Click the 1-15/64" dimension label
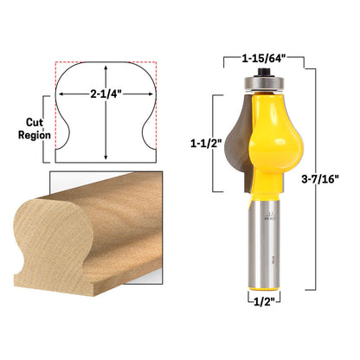point(263,59)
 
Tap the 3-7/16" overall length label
point(320,179)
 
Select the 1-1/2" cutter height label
point(206,143)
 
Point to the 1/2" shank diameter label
point(264,302)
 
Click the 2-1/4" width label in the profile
point(106,93)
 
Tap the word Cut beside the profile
point(35,122)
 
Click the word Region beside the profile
point(35,135)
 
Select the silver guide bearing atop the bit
point(262,83)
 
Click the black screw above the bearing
point(262,72)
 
